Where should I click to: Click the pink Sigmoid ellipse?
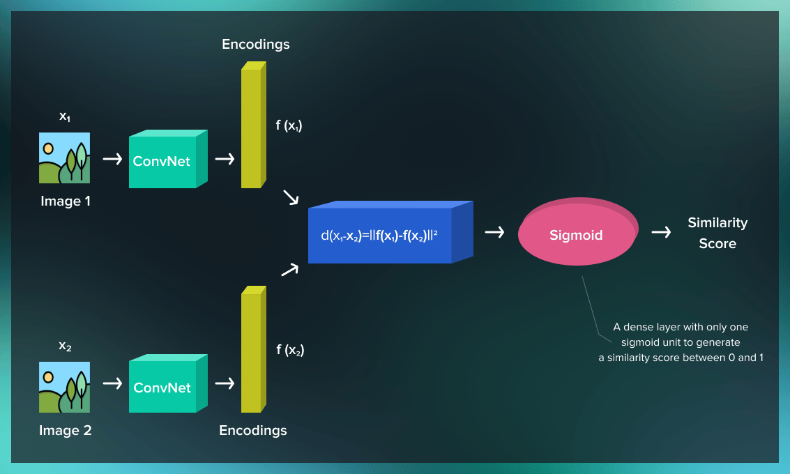576,235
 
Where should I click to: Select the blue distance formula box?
380,236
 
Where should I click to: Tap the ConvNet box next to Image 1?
162,161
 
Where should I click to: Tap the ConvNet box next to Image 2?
162,388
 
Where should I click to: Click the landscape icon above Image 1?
64,158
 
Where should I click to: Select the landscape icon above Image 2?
64,387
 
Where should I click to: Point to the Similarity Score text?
717,233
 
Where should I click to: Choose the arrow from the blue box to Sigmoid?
494,232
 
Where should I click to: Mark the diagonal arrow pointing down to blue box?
291,197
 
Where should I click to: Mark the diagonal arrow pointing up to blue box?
289,270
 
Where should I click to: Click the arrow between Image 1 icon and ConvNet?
112,160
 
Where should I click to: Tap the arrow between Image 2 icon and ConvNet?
112,384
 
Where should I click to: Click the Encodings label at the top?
256,45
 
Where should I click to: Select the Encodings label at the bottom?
253,430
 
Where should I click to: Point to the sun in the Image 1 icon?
48,148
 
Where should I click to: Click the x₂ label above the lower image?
65,346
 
